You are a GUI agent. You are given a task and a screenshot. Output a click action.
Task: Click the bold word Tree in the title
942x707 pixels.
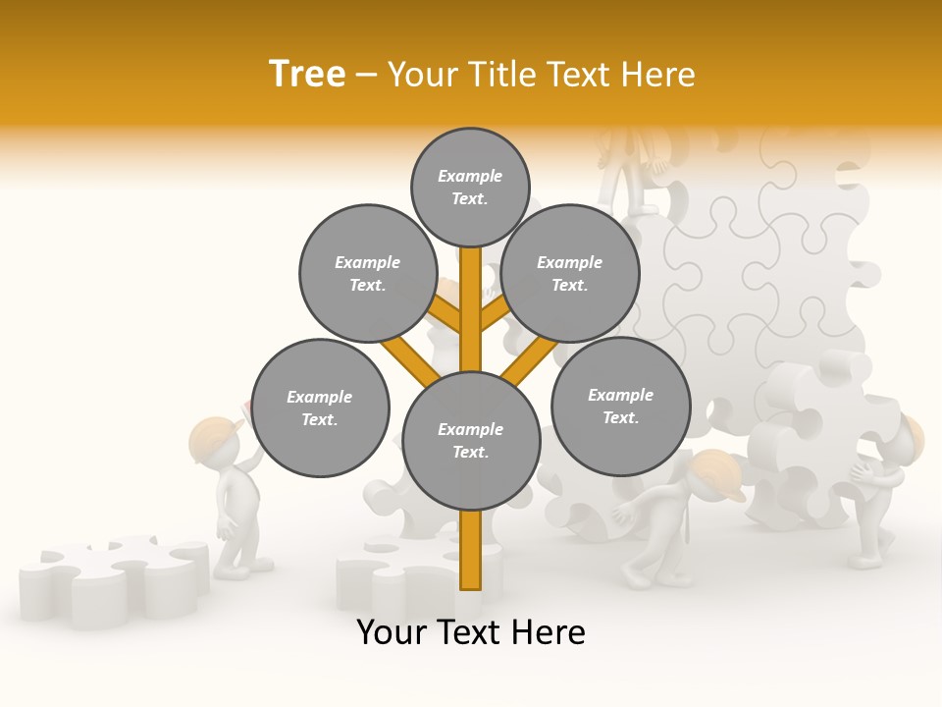tap(307, 75)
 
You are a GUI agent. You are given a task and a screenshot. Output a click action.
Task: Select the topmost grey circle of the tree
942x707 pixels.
tap(470, 187)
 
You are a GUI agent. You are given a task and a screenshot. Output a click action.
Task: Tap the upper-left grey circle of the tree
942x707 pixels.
tap(367, 273)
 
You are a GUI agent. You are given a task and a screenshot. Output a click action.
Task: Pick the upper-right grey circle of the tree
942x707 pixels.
tap(570, 273)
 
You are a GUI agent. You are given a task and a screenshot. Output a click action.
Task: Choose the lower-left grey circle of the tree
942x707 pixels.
tap(320, 408)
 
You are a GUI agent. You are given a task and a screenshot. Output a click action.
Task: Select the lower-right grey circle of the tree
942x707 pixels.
tap(620, 406)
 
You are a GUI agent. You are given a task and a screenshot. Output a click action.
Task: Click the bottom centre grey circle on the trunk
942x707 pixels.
tap(471, 440)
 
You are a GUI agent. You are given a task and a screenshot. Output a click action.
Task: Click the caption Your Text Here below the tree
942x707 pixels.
tap(471, 632)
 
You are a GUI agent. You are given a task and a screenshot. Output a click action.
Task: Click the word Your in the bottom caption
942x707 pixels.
tap(392, 632)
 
